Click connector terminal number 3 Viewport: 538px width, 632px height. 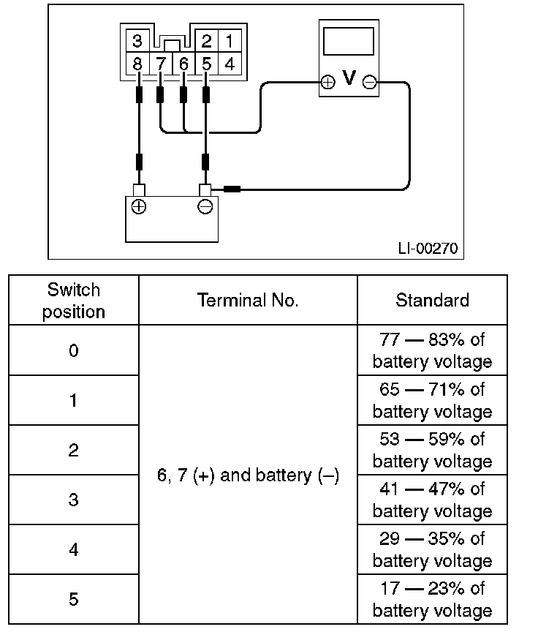[x=137, y=40]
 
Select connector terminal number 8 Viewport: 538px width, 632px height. [x=137, y=64]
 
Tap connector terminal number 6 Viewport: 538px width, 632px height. [x=183, y=64]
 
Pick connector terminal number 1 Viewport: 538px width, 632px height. [x=230, y=40]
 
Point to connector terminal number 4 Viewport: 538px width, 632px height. [x=230, y=64]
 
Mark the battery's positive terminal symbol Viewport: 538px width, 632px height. [x=137, y=206]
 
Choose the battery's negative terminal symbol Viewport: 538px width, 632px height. [x=205, y=206]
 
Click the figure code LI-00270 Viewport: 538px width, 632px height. [x=428, y=249]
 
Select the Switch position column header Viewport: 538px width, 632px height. [x=73, y=301]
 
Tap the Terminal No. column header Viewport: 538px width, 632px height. [x=248, y=301]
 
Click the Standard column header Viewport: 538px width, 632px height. [x=432, y=301]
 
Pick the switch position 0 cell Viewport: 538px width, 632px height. [x=73, y=350]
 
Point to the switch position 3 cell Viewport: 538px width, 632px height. [x=73, y=500]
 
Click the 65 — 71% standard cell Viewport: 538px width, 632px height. [x=432, y=400]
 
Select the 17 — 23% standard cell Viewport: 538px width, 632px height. [x=432, y=599]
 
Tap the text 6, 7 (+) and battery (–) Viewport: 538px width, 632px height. [x=248, y=475]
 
